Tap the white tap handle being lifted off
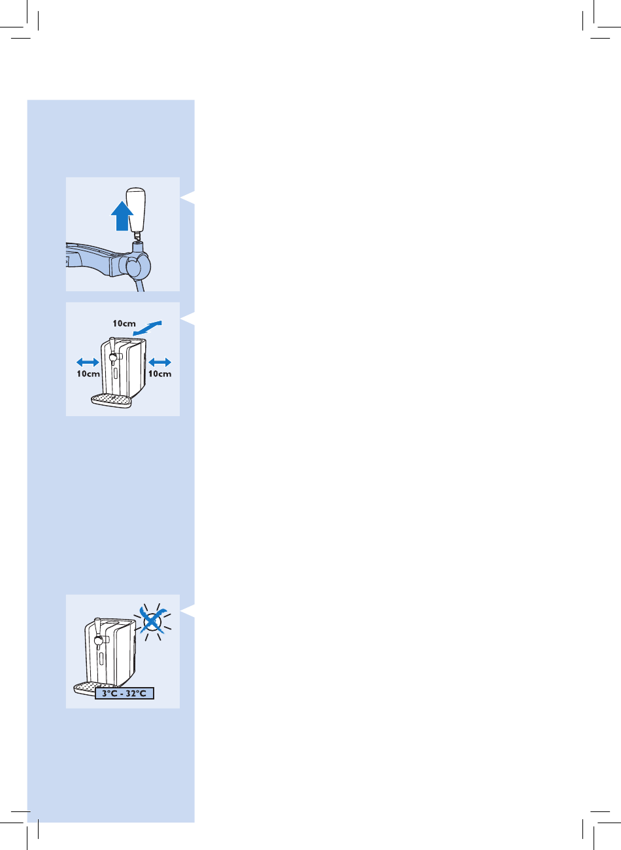pyautogui.click(x=136, y=210)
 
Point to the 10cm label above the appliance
pyautogui.click(x=124, y=323)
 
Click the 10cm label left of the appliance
pyautogui.click(x=88, y=374)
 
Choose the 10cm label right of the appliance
pyautogui.click(x=159, y=374)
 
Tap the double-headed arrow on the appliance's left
pyautogui.click(x=88, y=362)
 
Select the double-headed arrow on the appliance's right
pyautogui.click(x=159, y=362)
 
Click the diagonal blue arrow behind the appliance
pyautogui.click(x=148, y=328)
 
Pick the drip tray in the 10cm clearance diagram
pyautogui.click(x=110, y=400)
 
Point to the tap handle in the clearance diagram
pyautogui.click(x=112, y=350)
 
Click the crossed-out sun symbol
pyautogui.click(x=152, y=622)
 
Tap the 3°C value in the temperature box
pyautogui.click(x=110, y=693)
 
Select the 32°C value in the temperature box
pyautogui.click(x=136, y=693)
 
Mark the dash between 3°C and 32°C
pyautogui.click(x=122, y=694)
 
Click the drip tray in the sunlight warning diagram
pyautogui.click(x=84, y=688)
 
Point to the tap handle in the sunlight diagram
pyautogui.click(x=97, y=631)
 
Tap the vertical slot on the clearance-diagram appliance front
pyautogui.click(x=115, y=372)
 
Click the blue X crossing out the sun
pyautogui.click(x=152, y=621)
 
